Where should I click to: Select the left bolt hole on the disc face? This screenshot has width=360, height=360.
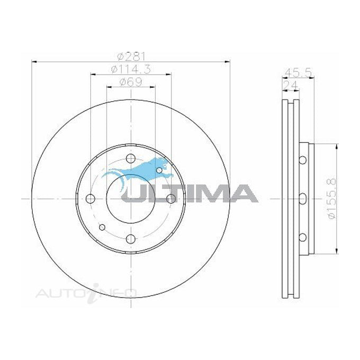tap(91, 199)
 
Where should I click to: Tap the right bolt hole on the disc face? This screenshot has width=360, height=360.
tap(171, 199)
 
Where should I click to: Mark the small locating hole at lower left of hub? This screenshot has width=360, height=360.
tap(103, 228)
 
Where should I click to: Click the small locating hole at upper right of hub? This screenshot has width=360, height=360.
tap(159, 169)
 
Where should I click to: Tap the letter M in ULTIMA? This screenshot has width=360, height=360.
tap(207, 193)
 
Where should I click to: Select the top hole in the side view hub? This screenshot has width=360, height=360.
tap(302, 160)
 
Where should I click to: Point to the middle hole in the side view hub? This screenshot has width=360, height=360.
tap(302, 199)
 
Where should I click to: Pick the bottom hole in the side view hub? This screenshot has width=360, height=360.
tap(302, 237)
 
